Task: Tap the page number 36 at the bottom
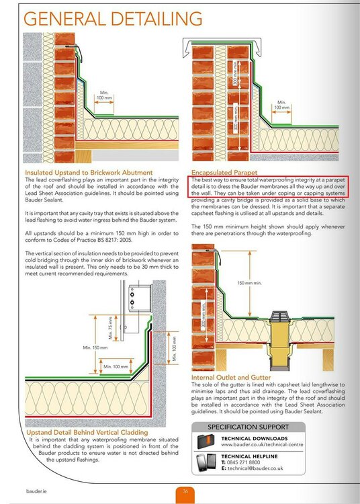click(185, 492)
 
